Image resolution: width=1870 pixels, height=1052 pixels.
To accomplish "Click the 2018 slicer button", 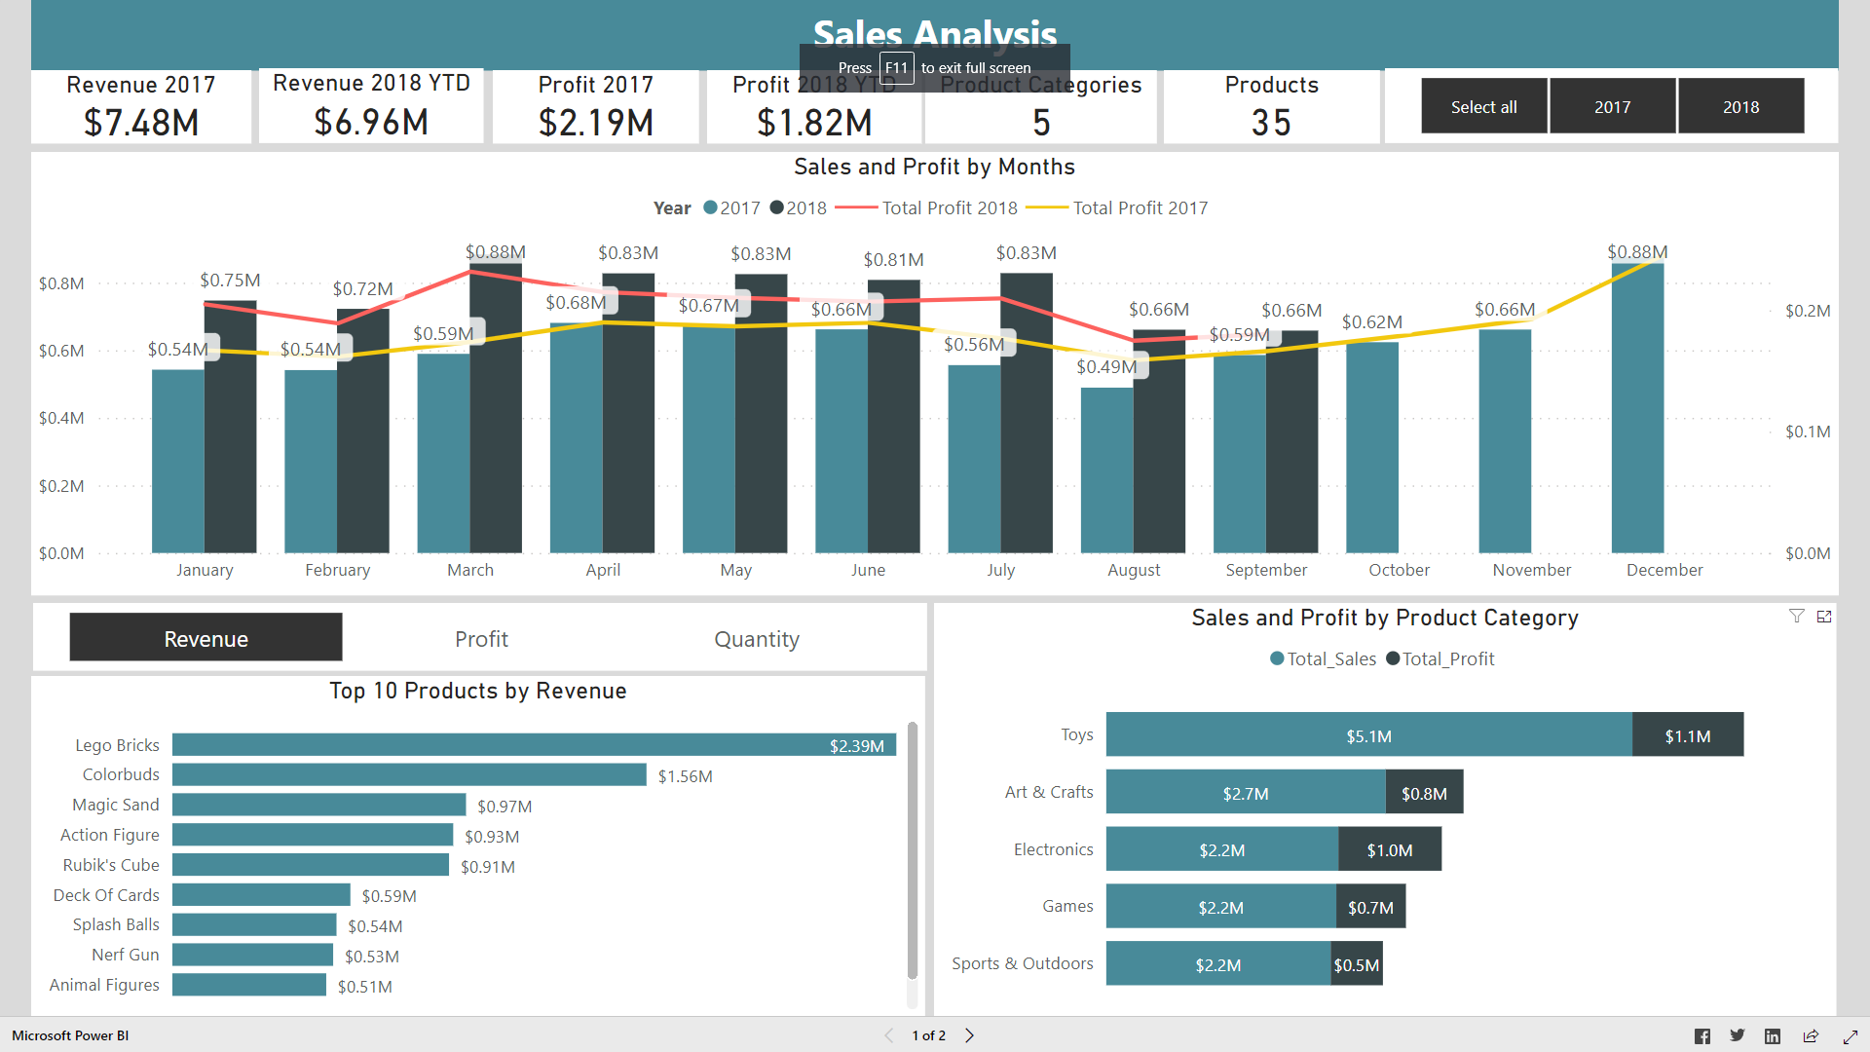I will [x=1740, y=106].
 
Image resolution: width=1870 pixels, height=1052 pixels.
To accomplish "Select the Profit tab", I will [x=481, y=639].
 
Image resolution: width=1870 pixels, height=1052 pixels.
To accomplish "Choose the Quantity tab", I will [x=756, y=639].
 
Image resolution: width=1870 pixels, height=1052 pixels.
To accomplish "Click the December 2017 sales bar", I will [x=1637, y=409].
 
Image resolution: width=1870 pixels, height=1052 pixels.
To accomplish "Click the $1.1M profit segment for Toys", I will [x=1687, y=735].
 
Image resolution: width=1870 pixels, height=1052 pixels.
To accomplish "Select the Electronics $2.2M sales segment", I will [x=1221, y=849].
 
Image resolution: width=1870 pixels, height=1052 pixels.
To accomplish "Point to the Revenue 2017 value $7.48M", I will [x=141, y=123].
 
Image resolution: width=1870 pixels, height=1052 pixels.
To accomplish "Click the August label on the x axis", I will [x=1134, y=570].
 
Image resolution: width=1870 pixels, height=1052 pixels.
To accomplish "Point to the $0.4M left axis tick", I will [x=61, y=418].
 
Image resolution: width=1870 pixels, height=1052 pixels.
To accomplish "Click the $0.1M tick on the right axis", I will [x=1807, y=432].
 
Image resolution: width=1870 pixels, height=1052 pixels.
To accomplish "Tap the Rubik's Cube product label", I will [x=111, y=865].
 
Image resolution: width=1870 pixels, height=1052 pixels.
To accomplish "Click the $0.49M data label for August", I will [x=1106, y=366].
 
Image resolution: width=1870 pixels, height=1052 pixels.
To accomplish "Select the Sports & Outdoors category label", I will [x=1022, y=963].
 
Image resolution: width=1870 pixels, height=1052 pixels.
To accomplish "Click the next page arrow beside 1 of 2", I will [x=969, y=1035].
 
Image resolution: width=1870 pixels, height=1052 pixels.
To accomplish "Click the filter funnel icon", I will [x=1796, y=616].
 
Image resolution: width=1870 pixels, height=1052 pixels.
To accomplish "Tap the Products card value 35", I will [x=1271, y=123].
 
